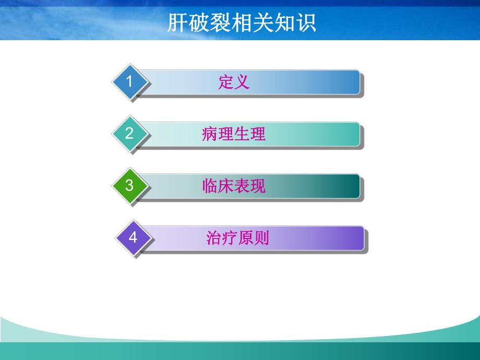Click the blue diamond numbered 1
(129, 81)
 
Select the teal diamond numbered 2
(129, 134)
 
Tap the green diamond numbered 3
(129, 186)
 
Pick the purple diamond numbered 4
(133, 238)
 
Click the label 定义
(234, 82)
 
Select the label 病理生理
(234, 134)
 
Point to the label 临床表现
(234, 186)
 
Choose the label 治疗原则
(238, 238)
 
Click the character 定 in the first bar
(226, 82)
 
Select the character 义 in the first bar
(242, 82)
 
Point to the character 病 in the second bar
(210, 134)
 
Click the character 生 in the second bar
(242, 134)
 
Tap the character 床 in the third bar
(226, 186)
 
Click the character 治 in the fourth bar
(214, 238)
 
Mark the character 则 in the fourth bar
(262, 238)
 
